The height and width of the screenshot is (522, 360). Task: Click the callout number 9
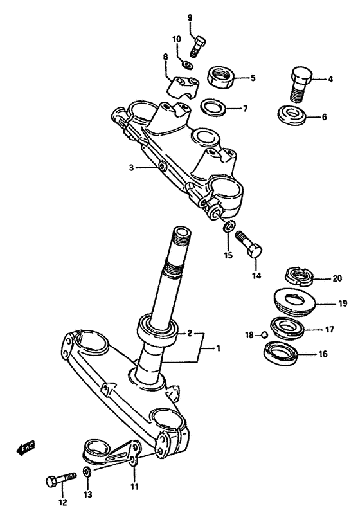click(190, 17)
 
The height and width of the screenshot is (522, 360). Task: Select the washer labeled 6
click(292, 116)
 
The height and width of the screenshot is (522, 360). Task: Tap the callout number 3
click(130, 168)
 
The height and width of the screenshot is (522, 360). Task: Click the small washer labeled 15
click(229, 226)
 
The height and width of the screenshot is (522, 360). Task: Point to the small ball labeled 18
click(264, 334)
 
